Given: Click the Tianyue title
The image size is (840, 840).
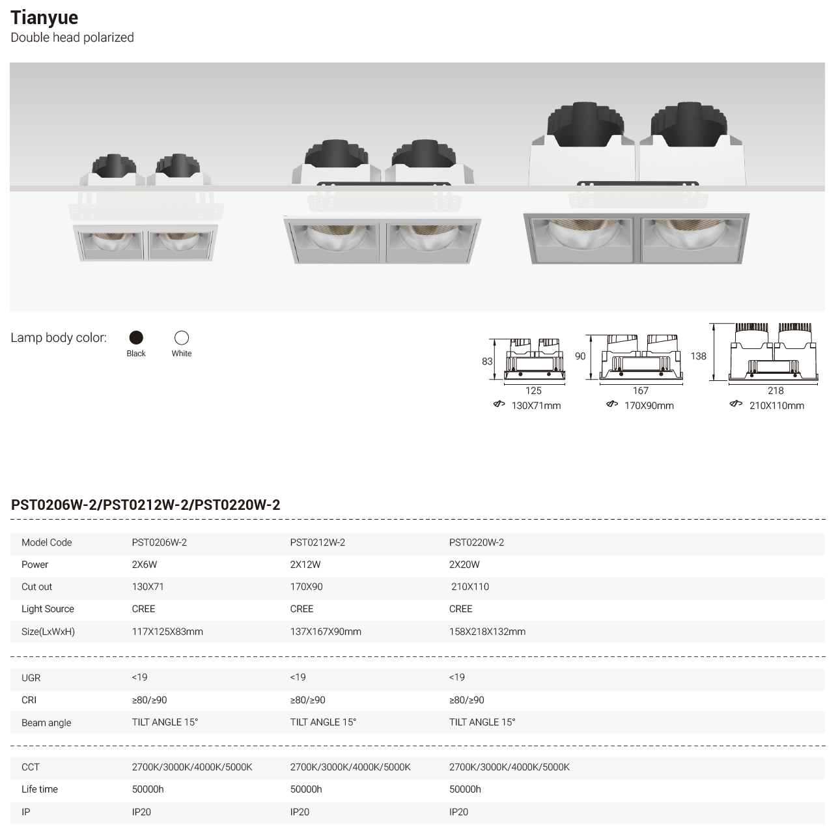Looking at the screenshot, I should coord(44,18).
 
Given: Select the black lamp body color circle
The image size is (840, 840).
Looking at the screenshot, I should coord(136,337).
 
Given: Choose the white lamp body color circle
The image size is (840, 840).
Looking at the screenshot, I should coord(182,337).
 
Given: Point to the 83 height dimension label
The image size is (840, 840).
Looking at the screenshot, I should coord(487,361).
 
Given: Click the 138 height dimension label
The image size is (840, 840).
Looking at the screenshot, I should coord(698,356).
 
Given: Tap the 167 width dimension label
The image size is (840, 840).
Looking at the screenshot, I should coord(641,391).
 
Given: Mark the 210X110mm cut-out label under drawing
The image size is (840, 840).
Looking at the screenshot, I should coord(776,406).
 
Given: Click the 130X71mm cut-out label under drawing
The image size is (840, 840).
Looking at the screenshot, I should coord(536,406).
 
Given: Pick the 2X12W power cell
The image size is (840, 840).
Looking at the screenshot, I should coord(305,565).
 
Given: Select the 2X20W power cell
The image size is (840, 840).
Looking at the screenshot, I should coord(464,565).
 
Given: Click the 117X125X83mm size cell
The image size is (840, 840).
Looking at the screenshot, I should coord(167,632).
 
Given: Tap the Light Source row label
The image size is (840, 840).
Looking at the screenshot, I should coord(48,609).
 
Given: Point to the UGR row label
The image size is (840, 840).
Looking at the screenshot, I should coord(31,678).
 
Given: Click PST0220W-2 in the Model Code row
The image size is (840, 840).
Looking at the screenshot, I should coord(477,542).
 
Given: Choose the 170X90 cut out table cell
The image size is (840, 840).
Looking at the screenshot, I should coord(306,587).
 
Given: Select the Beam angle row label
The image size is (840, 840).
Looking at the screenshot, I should coord(46,723).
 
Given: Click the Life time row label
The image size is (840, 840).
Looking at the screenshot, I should coord(40,789).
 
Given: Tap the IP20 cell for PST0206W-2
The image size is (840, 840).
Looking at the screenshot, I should coord(141,812).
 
